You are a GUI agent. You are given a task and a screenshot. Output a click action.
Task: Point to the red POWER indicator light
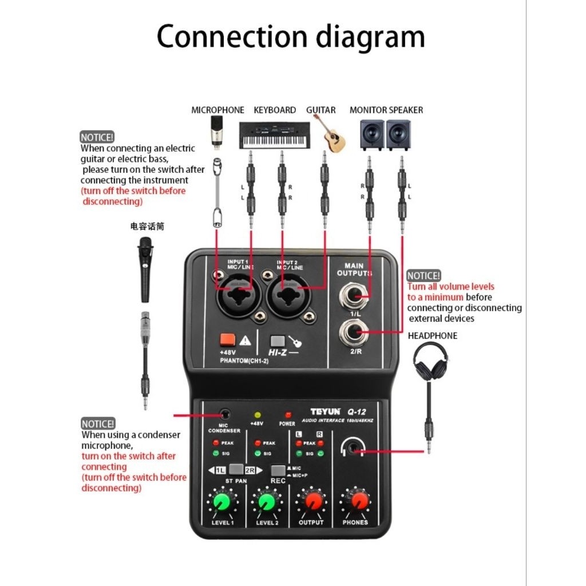[x=288, y=414]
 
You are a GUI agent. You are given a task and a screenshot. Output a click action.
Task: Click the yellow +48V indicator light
[x=257, y=414]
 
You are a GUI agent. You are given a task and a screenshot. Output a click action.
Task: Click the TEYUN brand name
[x=326, y=411]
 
